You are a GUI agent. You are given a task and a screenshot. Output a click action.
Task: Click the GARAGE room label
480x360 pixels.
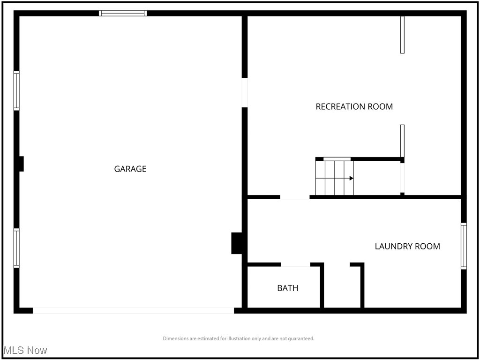(130, 169)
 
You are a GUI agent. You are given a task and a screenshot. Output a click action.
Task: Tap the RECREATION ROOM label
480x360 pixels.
(354, 106)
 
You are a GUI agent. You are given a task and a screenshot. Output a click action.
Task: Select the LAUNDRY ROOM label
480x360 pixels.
(407, 246)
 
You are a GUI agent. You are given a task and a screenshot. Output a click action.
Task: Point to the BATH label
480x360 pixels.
(287, 288)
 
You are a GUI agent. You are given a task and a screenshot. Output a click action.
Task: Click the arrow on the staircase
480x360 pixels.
(351, 178)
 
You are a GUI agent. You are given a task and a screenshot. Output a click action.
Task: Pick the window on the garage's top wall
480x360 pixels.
(123, 13)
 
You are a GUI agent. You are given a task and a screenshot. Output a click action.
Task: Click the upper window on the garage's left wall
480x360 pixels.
(16, 90)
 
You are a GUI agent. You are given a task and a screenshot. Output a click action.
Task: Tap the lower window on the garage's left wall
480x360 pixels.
(16, 248)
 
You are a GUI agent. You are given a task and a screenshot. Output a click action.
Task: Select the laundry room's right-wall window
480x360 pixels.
(464, 246)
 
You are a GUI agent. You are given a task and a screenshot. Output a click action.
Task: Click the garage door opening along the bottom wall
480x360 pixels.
(133, 310)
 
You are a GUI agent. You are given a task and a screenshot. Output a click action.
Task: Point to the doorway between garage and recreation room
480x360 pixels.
(245, 92)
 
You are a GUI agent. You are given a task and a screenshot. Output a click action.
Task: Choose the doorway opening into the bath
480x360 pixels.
(295, 265)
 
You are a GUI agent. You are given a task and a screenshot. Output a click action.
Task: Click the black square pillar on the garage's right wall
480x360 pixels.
(237, 243)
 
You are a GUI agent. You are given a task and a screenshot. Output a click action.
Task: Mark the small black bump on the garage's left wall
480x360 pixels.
(21, 164)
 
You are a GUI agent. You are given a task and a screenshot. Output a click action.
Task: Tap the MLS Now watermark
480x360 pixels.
(25, 350)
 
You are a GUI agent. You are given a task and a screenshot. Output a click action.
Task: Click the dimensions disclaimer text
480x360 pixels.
(239, 338)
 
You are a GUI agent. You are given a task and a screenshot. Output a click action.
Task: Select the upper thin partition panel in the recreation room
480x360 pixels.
(402, 35)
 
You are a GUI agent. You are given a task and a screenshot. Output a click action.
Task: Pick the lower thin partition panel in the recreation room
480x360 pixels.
(402, 141)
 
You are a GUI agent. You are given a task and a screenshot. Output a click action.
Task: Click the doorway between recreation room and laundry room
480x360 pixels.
(295, 197)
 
